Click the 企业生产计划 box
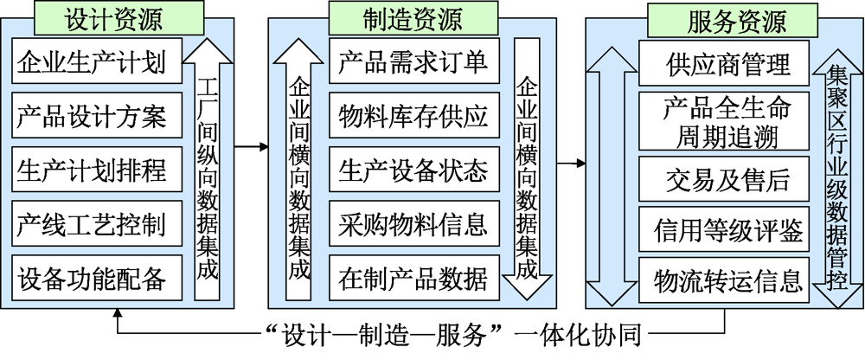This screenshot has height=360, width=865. coord(97,62)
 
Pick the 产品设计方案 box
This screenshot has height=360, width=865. coord(97,116)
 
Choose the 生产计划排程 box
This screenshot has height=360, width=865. coord(97,170)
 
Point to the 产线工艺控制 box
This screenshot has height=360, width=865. coord(97,223)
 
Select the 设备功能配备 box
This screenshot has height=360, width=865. coord(97,277)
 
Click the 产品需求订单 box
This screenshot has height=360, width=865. coord(413,62)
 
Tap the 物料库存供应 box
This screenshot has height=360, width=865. coord(413,116)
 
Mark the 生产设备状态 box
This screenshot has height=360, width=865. coord(413,170)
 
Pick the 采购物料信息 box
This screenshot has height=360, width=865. coord(413,223)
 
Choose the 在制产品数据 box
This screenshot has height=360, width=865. coord(413,279)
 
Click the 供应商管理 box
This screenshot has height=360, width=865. coord(727,63)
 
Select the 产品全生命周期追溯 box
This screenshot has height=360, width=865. coord(727,121)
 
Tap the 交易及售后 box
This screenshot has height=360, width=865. coord(727,179)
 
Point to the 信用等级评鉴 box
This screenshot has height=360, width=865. coord(727,230)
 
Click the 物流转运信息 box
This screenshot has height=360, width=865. coord(727,281)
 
